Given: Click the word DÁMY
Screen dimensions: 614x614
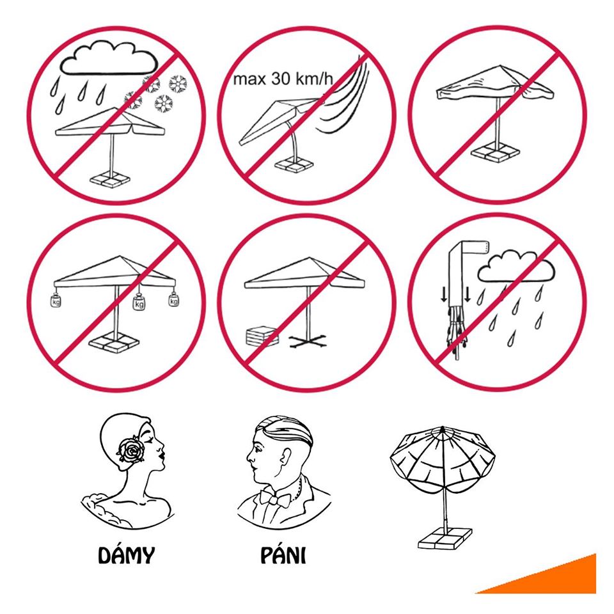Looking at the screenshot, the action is click(126, 555).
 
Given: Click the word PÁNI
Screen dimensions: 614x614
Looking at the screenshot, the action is click(283, 555).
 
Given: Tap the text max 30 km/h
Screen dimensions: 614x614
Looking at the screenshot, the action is click(283, 79).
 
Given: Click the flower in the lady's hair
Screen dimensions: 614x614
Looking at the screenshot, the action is click(130, 450).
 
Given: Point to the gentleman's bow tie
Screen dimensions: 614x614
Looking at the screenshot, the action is click(276, 498).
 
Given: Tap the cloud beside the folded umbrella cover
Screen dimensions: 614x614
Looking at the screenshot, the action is click(516, 267).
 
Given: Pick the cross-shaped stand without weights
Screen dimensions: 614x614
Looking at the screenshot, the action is click(308, 342).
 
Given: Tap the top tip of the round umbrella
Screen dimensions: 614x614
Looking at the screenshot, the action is click(443, 427).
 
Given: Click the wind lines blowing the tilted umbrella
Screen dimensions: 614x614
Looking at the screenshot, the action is click(345, 98).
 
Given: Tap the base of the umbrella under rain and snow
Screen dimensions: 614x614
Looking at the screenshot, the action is click(110, 180).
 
